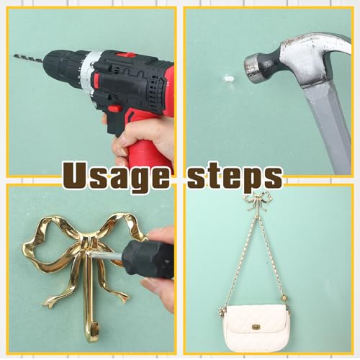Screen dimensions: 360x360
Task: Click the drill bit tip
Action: click(x=14, y=55)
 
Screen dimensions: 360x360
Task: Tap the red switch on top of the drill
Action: click(x=126, y=55)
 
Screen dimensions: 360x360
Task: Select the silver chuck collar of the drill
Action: click(x=87, y=71)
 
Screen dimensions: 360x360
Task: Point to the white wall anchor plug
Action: click(x=229, y=78)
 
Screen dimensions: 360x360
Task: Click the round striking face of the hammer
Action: click(x=251, y=68)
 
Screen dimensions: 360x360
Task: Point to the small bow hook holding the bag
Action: click(x=258, y=204)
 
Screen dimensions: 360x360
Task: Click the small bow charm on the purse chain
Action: click(x=222, y=311)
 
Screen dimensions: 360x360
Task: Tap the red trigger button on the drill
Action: click(x=114, y=109)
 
